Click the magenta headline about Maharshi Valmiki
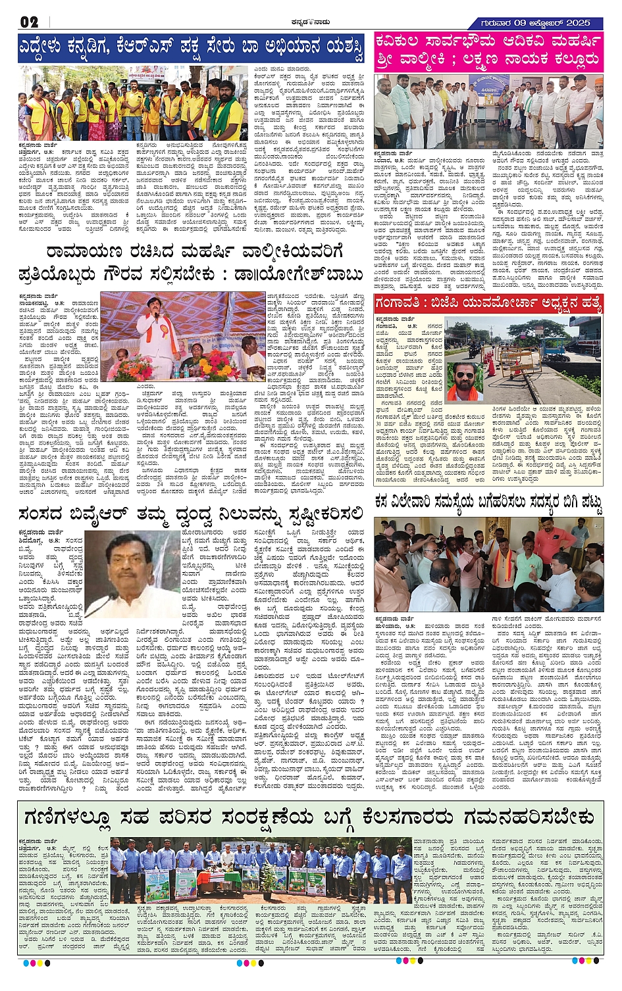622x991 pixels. pos(488,51)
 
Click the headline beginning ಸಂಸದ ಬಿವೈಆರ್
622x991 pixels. pos(191,514)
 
